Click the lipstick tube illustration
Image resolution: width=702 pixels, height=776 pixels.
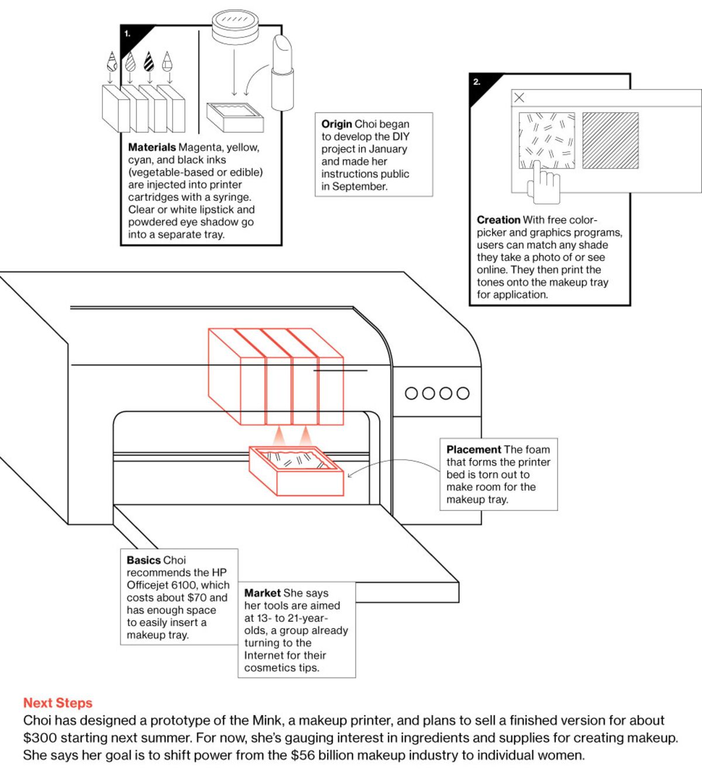pyautogui.click(x=282, y=73)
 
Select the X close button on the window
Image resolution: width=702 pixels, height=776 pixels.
pyautogui.click(x=519, y=98)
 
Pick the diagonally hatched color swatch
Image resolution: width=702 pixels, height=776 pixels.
pyautogui.click(x=610, y=141)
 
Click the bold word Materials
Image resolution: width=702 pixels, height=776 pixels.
pyautogui.click(x=152, y=148)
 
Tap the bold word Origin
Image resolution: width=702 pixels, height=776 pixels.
pyautogui.click(x=336, y=124)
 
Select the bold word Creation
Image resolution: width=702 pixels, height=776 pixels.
pyautogui.click(x=498, y=220)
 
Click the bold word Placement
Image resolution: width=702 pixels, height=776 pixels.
pyautogui.click(x=473, y=450)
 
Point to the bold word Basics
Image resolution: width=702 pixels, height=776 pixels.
pyautogui.click(x=143, y=560)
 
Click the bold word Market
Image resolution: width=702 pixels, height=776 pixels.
pyautogui.click(x=262, y=593)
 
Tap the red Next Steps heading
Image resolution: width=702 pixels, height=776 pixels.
pyautogui.click(x=58, y=703)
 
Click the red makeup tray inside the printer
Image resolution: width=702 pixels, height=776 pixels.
pyautogui.click(x=296, y=470)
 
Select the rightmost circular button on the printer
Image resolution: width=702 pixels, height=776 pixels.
pyautogui.click(x=463, y=393)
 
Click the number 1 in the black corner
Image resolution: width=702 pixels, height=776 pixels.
pyautogui.click(x=127, y=34)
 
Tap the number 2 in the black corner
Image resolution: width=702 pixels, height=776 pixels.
pyautogui.click(x=477, y=82)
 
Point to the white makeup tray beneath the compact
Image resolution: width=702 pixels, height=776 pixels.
pyautogui.click(x=235, y=117)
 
